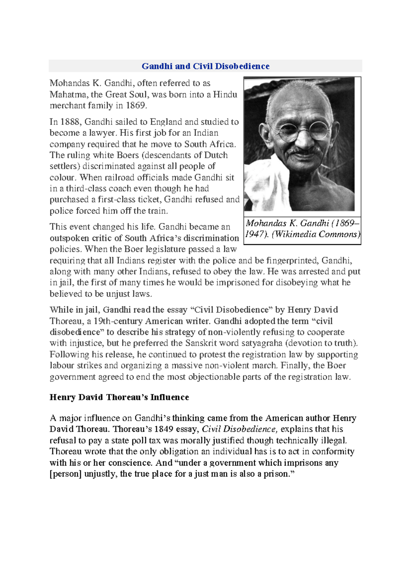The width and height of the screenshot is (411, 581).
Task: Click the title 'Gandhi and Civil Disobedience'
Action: pyautogui.click(x=206, y=66)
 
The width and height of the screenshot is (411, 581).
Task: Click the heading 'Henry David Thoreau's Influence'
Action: pyautogui.click(x=119, y=397)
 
